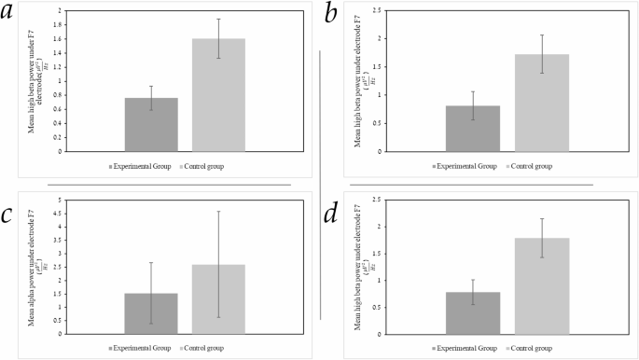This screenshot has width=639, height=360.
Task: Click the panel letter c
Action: pyautogui.click(x=12, y=215)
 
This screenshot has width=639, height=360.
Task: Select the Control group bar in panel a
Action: pyautogui.click(x=218, y=94)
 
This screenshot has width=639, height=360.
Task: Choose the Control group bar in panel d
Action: pyautogui.click(x=541, y=285)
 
